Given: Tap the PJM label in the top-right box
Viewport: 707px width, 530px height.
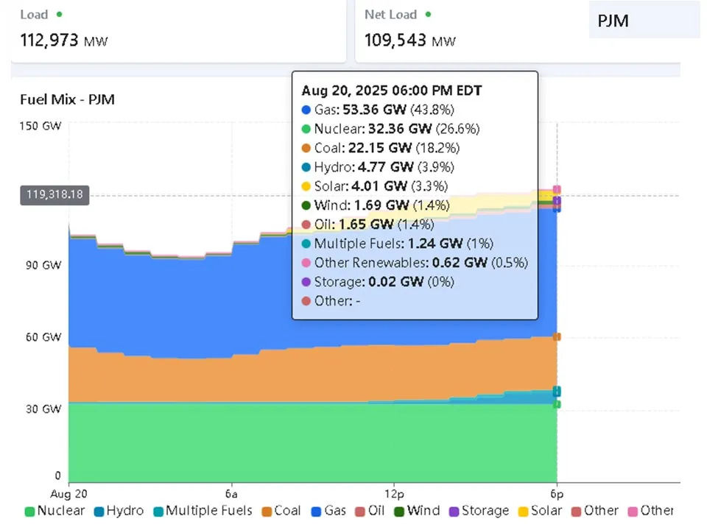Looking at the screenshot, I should [x=613, y=20].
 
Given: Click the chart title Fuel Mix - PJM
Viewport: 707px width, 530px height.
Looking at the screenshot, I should [x=67, y=99].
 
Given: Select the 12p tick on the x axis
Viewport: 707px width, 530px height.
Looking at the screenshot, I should [x=394, y=492].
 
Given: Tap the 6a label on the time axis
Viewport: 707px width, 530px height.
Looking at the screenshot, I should [x=231, y=492].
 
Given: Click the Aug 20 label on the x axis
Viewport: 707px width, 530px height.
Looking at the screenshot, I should [x=71, y=492].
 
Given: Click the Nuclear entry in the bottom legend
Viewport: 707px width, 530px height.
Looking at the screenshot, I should [x=55, y=511].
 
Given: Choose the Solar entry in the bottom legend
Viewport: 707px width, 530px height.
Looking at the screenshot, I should [x=541, y=511].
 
